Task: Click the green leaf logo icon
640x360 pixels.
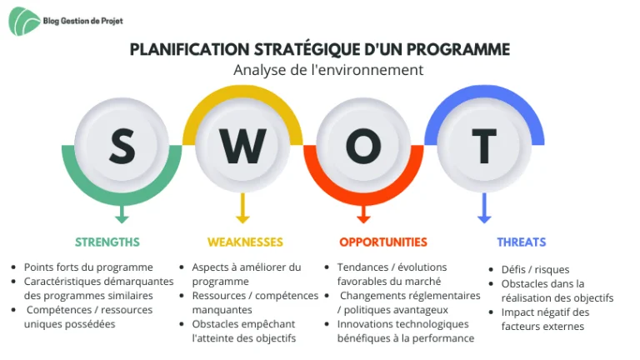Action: (x=24, y=21)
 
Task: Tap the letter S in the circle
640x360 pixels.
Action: (x=122, y=146)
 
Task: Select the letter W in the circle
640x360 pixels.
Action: (x=242, y=146)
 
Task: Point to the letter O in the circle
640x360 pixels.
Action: (x=363, y=146)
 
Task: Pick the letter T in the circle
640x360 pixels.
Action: (x=484, y=146)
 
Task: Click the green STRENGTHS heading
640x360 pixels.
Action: (x=107, y=242)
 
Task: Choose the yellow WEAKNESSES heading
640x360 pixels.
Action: (x=245, y=242)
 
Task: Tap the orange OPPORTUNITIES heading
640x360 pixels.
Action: (x=383, y=242)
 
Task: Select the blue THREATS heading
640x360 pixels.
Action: (x=521, y=242)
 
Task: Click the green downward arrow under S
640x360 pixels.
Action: (x=122, y=214)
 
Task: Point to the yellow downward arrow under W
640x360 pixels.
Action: (x=242, y=208)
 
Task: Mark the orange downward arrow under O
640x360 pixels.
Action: (x=363, y=214)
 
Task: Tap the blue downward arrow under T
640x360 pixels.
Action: (x=484, y=208)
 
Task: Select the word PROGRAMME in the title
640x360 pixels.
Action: (x=458, y=50)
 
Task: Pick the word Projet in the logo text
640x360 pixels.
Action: (x=112, y=21)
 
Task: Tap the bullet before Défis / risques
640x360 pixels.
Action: (x=492, y=269)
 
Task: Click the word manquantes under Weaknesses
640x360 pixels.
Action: (x=222, y=310)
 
